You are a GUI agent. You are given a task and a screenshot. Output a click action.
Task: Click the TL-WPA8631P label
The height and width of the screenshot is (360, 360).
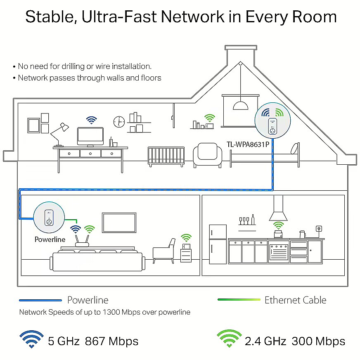[248, 144]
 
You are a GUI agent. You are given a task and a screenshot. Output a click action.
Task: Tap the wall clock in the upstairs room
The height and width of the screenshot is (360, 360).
[119, 122]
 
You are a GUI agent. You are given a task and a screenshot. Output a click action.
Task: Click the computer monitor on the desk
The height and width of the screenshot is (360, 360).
[90, 137]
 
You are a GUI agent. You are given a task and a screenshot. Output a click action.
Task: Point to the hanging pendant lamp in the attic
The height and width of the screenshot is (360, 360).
[240, 105]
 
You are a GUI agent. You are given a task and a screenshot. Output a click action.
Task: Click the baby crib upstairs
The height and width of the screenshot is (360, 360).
[166, 156]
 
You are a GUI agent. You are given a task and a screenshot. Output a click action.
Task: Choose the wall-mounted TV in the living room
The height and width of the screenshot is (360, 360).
[119, 223]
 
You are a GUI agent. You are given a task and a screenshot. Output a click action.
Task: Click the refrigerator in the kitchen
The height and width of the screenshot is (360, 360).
[218, 244]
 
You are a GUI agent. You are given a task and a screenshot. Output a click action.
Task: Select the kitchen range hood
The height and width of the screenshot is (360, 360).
[278, 208]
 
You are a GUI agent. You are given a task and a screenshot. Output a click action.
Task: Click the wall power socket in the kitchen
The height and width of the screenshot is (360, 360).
[319, 229]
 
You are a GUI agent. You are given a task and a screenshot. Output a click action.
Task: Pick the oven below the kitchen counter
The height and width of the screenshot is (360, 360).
[279, 252]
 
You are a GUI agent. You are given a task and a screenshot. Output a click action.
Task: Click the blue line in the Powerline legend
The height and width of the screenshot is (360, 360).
[40, 300]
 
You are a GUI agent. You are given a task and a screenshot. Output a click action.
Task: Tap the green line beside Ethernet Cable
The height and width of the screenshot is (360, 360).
[239, 300]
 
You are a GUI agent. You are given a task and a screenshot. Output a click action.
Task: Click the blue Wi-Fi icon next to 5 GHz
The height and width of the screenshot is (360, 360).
[31, 339]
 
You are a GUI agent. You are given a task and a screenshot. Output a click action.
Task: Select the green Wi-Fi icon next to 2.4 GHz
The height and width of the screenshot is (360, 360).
[229, 339]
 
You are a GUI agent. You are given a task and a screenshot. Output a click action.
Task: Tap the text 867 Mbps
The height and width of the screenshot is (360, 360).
[111, 341]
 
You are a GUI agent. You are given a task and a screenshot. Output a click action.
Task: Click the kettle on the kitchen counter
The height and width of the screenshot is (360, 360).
[303, 234]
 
